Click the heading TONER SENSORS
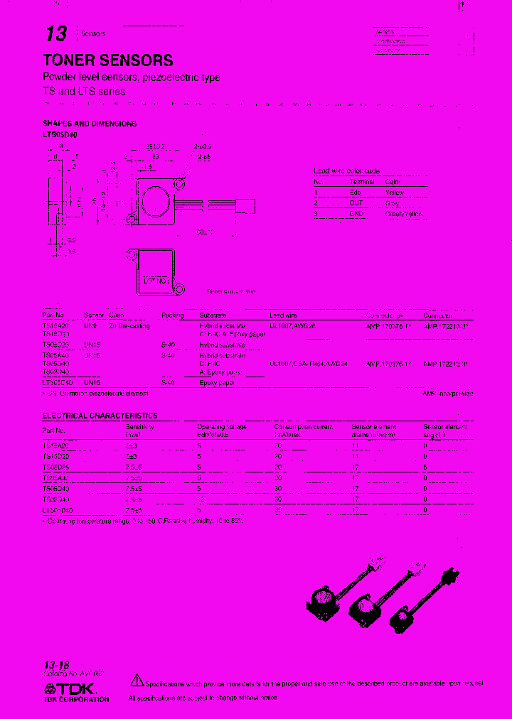(x=108, y=60)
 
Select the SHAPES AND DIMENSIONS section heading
(x=90, y=123)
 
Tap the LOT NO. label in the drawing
(x=155, y=281)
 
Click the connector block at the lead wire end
(x=247, y=207)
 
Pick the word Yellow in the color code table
(x=394, y=192)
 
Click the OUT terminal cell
(x=356, y=202)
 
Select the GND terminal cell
(x=356, y=213)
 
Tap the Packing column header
(x=172, y=315)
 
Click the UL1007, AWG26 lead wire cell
(x=292, y=325)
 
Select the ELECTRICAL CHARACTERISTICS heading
(x=100, y=416)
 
